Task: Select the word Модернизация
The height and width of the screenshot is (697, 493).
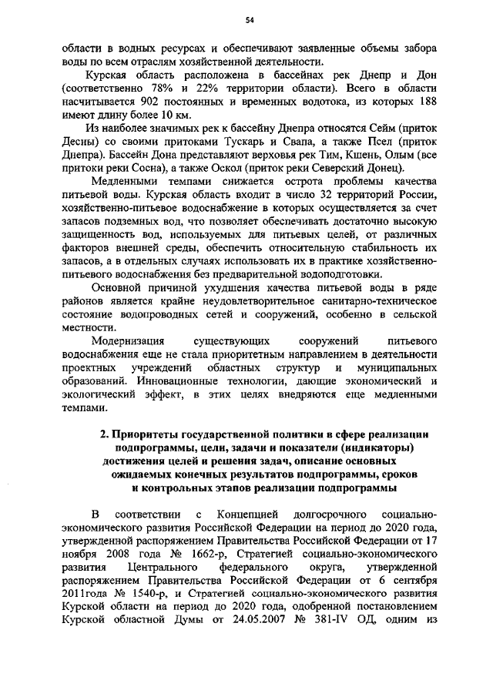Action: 128,340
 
